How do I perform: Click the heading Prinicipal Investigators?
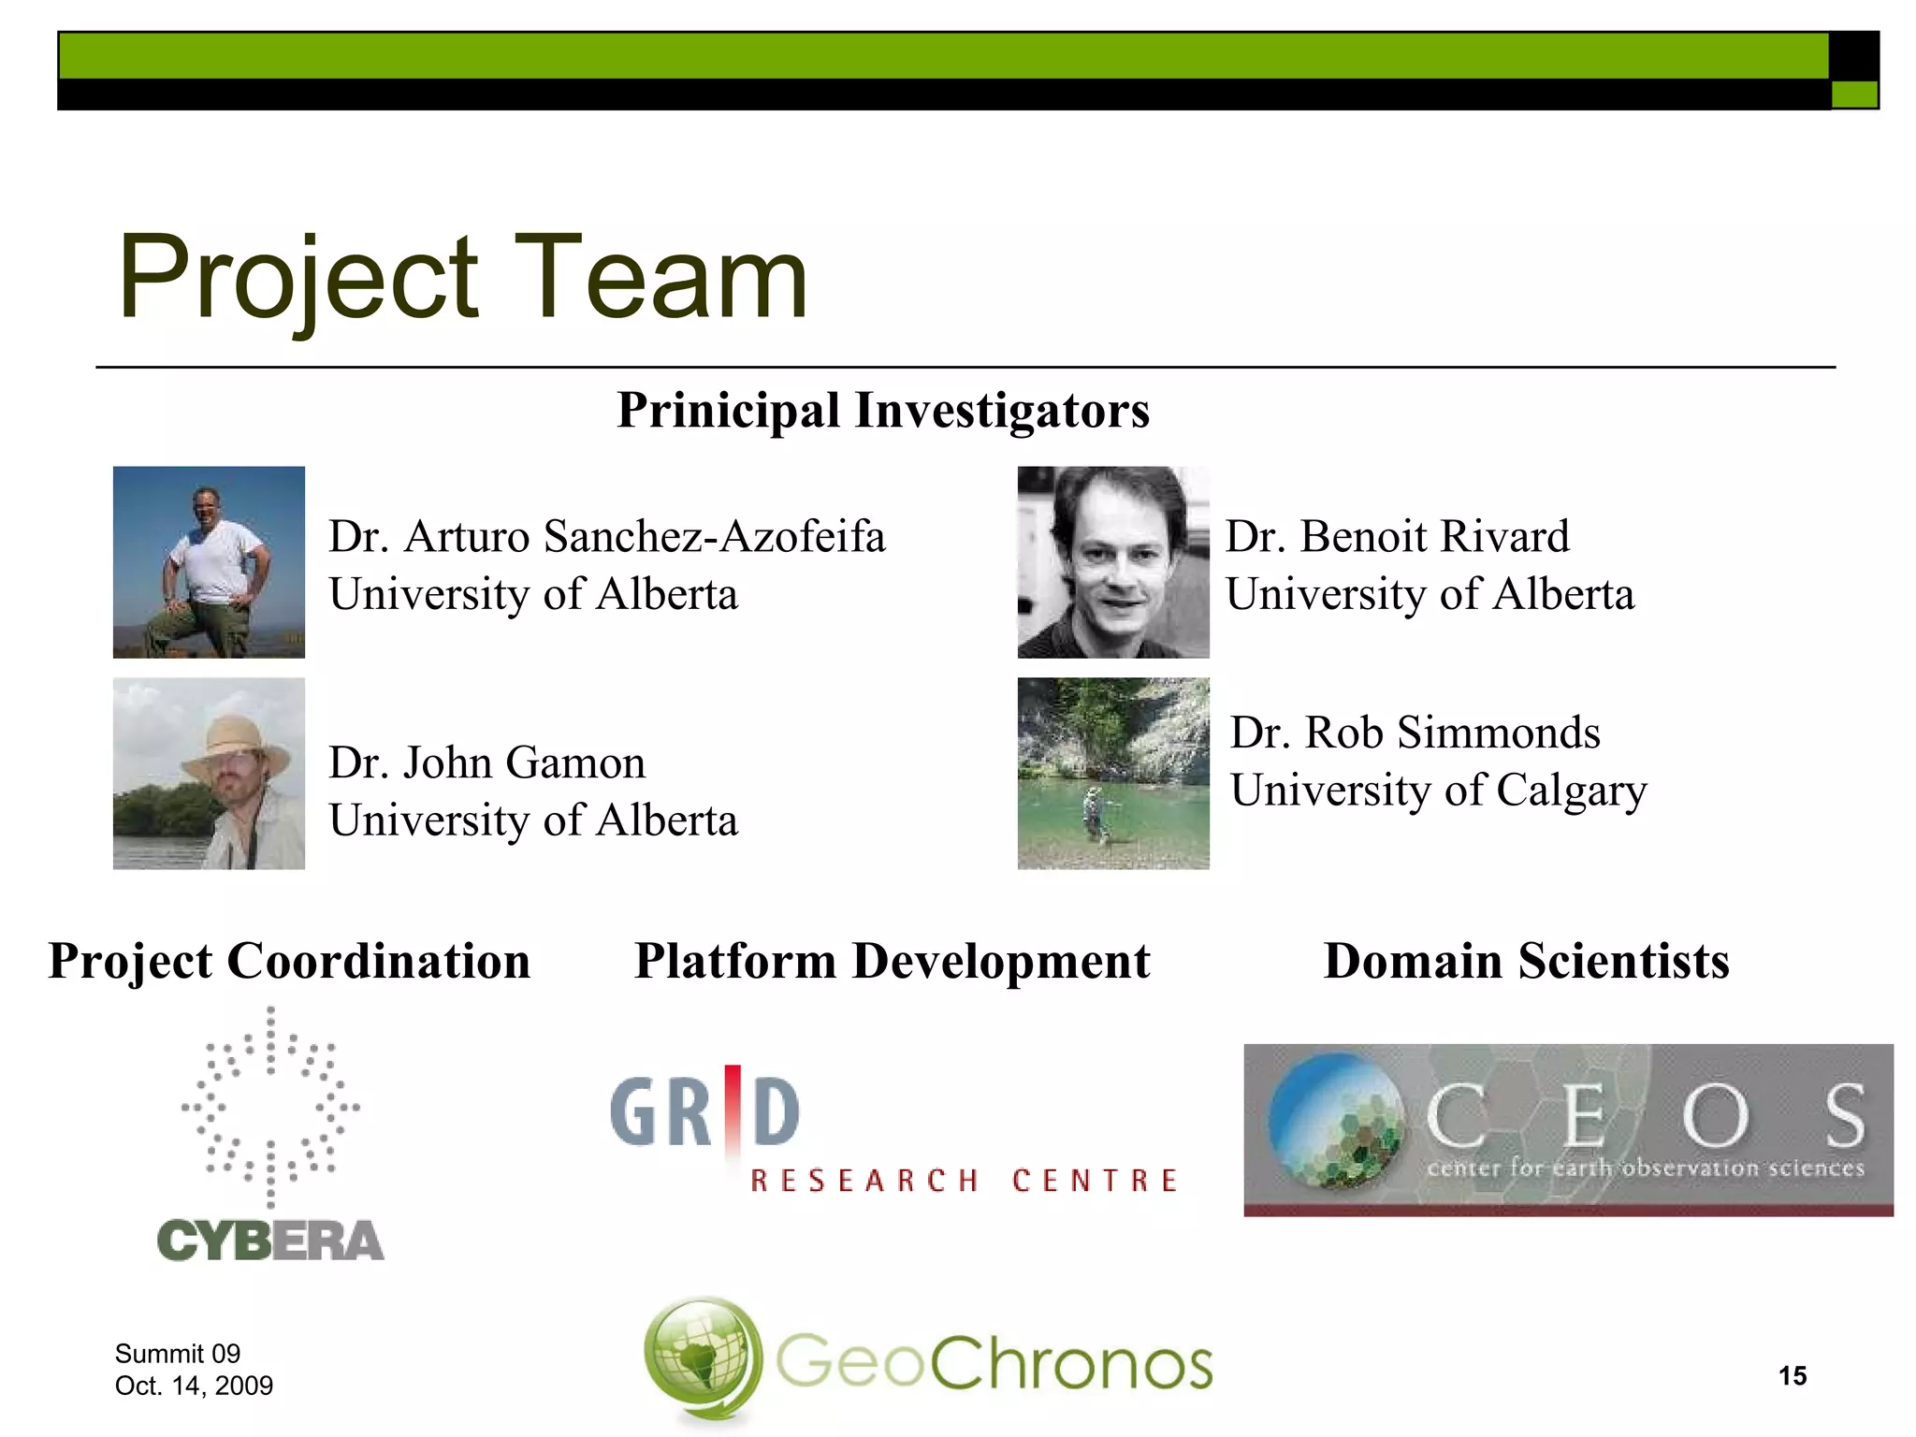coord(883,410)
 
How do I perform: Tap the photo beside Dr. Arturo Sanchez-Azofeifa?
coord(209,562)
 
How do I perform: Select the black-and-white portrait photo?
coord(1112,562)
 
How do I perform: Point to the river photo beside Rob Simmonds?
coord(1112,774)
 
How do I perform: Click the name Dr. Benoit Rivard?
coord(1397,537)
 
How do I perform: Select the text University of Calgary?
coord(1438,791)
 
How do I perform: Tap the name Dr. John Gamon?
coord(486,762)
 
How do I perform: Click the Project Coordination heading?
coord(289,961)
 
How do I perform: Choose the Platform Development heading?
coord(892,961)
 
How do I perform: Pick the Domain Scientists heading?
coord(1526,961)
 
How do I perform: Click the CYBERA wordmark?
coord(270,1241)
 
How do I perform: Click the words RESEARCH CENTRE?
coord(964,1181)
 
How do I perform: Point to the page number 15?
coord(1792,1376)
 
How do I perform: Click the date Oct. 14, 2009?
coord(194,1386)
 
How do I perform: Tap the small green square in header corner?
coord(1853,94)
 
